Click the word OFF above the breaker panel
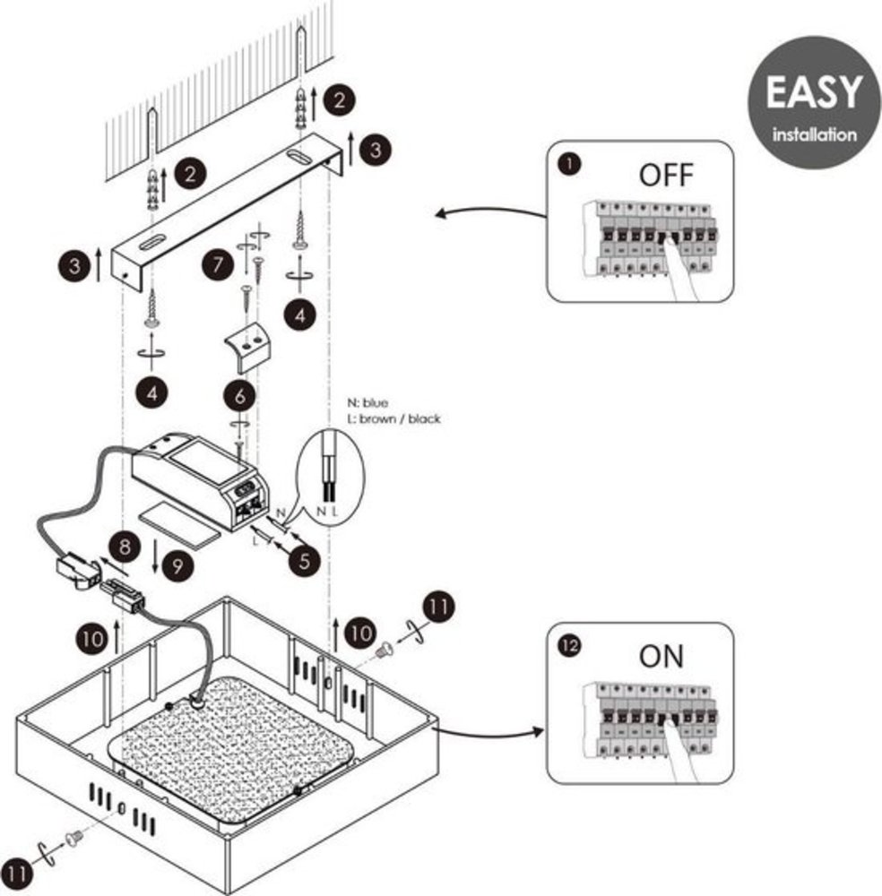pos(666,175)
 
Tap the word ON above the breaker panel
pos(661,656)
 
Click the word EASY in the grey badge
pos(813,93)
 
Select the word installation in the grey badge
pos(814,135)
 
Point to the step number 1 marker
pos(566,164)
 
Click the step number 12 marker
pos(567,646)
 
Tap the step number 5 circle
pos(306,561)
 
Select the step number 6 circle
pos(239,394)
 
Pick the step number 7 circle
pos(214,267)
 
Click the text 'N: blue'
pos(368,403)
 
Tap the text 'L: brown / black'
pos(394,418)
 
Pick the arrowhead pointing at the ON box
pos(540,730)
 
